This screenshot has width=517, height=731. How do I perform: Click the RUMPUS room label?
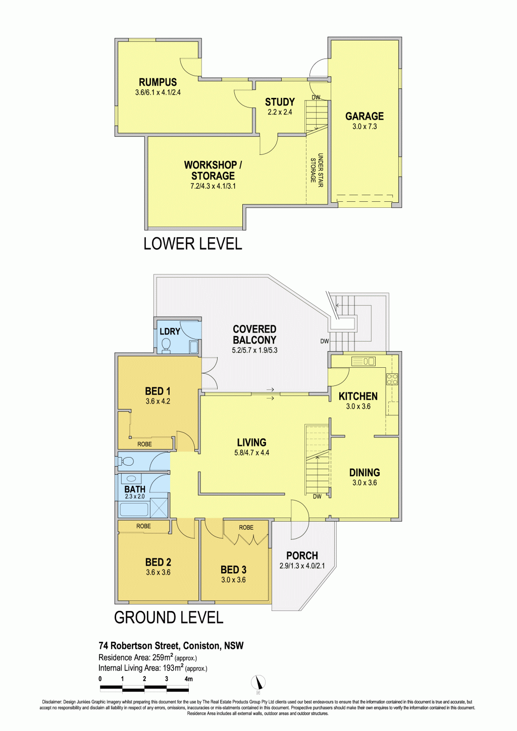tap(158, 82)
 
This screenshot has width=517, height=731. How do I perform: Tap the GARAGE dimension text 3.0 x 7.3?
tap(365, 127)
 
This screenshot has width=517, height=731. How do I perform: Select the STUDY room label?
tap(280, 102)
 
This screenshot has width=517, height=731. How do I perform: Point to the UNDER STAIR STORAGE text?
tap(317, 170)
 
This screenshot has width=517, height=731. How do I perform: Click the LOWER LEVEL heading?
tap(193, 244)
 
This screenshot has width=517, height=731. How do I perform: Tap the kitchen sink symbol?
tap(363, 361)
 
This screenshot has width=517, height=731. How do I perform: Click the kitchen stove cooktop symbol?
tap(392, 378)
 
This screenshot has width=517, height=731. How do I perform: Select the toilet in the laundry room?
tap(166, 345)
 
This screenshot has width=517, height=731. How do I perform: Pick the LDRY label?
tap(170, 331)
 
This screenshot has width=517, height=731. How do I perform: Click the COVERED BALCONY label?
tap(254, 334)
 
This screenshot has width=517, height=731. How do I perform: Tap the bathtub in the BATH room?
tap(134, 510)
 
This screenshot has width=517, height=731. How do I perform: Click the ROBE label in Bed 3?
tap(246, 527)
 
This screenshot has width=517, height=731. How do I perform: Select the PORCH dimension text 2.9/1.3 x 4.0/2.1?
tap(302, 566)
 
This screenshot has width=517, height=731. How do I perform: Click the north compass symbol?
tap(258, 683)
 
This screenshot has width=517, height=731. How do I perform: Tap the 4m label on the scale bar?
tap(188, 677)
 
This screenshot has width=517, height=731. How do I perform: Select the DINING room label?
tap(365, 472)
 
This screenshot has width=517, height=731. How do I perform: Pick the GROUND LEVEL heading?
tap(169, 617)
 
